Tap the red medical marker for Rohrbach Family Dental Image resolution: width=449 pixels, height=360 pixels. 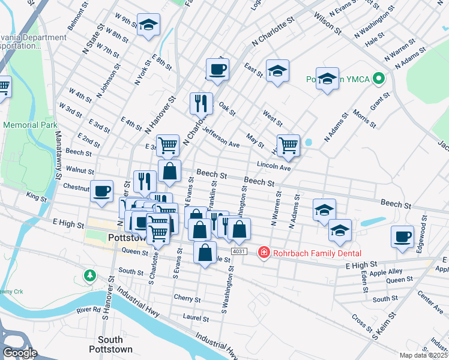(x=263, y=253)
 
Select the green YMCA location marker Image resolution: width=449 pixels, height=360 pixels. (x=378, y=79)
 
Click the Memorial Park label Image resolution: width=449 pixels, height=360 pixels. (x=30, y=125)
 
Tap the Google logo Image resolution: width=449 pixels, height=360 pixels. (x=19, y=353)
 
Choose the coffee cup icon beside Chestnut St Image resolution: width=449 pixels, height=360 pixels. (x=101, y=191)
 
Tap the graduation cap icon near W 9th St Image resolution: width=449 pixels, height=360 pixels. (x=148, y=25)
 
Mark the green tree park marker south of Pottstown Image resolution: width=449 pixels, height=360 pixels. (x=90, y=275)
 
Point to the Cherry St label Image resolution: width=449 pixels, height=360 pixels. (x=187, y=298)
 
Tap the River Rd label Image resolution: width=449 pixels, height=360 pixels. (x=89, y=310)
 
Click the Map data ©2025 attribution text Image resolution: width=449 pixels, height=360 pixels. (x=424, y=355)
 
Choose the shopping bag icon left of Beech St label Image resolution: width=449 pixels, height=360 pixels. (x=170, y=170)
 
